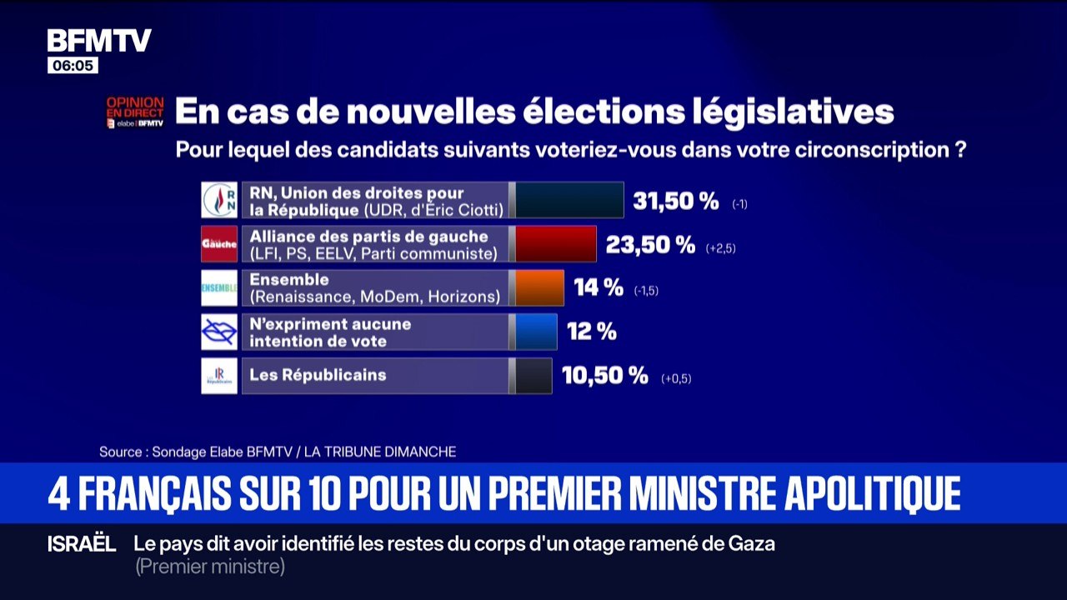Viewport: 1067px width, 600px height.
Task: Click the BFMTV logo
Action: [x=99, y=41]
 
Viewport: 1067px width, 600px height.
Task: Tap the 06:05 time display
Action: [x=73, y=66]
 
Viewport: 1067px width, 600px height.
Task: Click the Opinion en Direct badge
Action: [x=134, y=112]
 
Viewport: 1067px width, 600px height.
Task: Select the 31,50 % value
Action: [x=676, y=201]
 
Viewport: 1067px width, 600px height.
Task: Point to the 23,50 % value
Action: [x=650, y=245]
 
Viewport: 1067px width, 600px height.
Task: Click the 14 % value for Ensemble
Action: [x=599, y=288]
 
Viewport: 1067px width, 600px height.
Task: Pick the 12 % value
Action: [x=592, y=332]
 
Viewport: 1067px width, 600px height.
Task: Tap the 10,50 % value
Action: [x=605, y=376]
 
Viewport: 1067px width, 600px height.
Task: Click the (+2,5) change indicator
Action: [x=720, y=248]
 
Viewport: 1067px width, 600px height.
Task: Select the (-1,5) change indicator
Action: [x=646, y=291]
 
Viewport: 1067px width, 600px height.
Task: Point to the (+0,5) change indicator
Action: [x=676, y=379]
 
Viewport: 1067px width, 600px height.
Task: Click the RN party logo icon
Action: [x=219, y=200]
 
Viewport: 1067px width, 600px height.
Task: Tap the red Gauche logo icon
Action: [x=219, y=244]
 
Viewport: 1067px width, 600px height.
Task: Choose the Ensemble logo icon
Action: [x=219, y=288]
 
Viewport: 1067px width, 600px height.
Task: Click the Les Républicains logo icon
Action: [x=219, y=376]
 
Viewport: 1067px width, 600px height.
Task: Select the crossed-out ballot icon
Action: [x=219, y=332]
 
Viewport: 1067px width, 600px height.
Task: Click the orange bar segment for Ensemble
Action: [x=539, y=288]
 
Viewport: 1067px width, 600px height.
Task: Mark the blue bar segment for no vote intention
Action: [x=536, y=332]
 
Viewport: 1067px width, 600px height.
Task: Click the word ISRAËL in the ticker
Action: [x=82, y=544]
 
